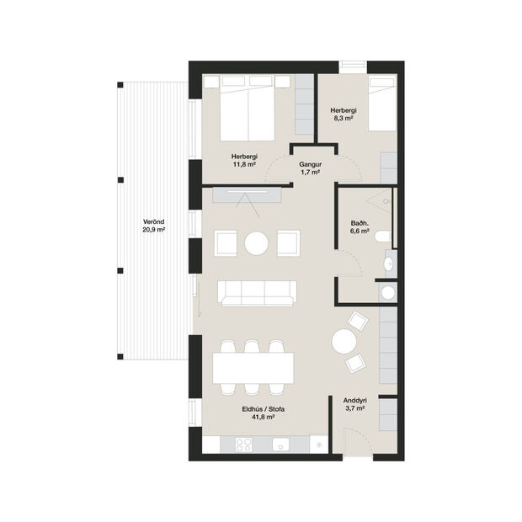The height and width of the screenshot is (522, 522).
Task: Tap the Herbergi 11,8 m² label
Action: point(244,160)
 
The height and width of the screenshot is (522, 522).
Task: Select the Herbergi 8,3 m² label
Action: point(343,115)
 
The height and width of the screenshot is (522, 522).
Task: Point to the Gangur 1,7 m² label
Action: point(312,168)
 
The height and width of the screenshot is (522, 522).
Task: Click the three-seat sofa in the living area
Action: point(257,293)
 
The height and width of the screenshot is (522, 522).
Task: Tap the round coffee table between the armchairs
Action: point(257,243)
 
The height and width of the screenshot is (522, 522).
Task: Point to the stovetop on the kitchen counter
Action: point(249,445)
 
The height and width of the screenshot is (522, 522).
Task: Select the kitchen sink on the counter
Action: point(280,445)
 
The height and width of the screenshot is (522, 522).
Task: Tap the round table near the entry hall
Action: point(345,341)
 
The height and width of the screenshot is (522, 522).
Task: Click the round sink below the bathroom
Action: point(387,292)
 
